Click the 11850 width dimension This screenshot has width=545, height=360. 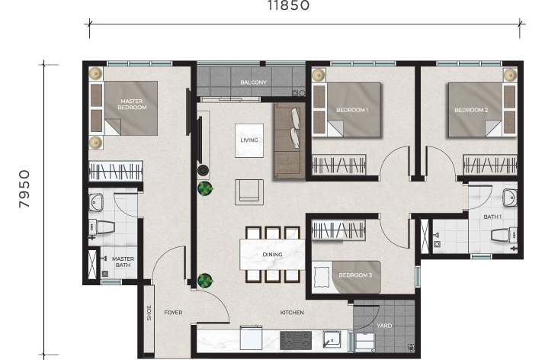tap(288, 5)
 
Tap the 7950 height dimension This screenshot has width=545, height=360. tap(24, 189)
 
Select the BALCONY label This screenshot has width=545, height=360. tap(253, 82)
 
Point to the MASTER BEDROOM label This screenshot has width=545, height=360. tap(132, 104)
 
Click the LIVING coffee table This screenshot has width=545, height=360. tap(249, 140)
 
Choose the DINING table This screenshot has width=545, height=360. tap(272, 254)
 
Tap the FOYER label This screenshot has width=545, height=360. tap(173, 313)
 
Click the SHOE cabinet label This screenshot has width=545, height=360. tap(149, 313)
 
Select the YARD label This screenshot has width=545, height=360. tap(384, 326)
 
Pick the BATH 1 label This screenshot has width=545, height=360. tap(492, 217)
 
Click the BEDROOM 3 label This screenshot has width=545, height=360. tap(355, 275)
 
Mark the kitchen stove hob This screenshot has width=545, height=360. tap(296, 340)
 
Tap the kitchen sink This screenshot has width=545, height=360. tap(332, 339)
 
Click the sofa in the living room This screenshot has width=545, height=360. tap(290, 140)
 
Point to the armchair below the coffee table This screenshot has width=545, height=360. tap(248, 191)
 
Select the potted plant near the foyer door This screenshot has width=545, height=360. tap(205, 281)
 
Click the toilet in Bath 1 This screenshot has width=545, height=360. tap(504, 236)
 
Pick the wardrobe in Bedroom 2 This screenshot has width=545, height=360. tap(490, 165)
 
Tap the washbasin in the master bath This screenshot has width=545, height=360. tap(95, 202)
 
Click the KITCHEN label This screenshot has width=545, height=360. tap(292, 313)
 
